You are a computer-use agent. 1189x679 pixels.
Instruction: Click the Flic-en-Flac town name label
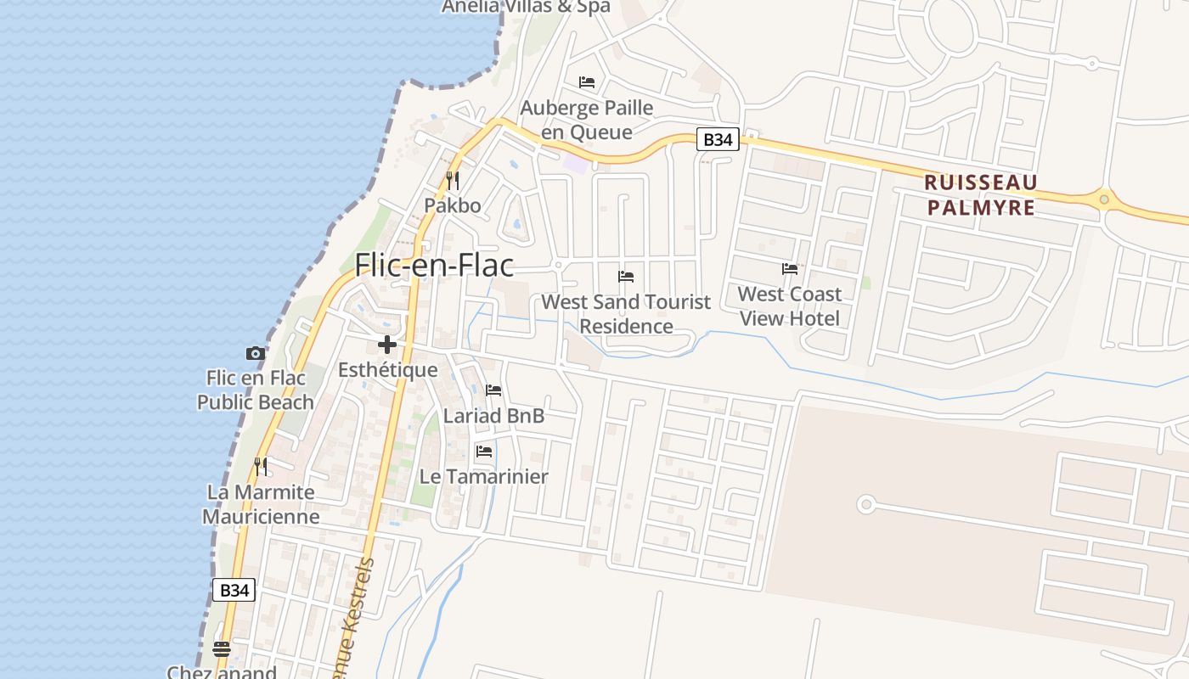(x=434, y=266)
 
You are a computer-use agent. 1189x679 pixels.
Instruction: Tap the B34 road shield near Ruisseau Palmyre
(x=718, y=139)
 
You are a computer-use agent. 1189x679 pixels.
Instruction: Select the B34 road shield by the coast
(x=233, y=590)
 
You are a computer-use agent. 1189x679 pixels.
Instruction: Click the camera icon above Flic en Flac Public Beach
(x=255, y=353)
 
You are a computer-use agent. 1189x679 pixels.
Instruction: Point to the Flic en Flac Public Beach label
(x=256, y=390)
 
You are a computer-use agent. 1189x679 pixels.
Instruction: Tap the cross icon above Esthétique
(x=387, y=345)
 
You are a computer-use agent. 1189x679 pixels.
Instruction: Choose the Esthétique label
(x=388, y=370)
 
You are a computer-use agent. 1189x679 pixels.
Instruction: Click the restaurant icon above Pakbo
(x=453, y=181)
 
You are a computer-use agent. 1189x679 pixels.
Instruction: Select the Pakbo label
(x=453, y=205)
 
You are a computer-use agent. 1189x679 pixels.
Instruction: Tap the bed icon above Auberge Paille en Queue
(x=587, y=82)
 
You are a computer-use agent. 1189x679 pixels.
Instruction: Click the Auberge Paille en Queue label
(x=587, y=120)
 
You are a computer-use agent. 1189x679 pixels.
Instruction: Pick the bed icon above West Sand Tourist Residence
(x=626, y=277)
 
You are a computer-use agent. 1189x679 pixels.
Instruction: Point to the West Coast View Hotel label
(x=790, y=306)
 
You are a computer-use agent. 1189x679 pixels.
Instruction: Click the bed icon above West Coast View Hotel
(x=790, y=269)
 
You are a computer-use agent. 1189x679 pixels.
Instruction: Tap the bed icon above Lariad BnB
(x=493, y=390)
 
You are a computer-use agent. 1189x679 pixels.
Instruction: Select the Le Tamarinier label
(x=484, y=476)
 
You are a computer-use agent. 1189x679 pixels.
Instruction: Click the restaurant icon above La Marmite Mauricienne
(x=261, y=466)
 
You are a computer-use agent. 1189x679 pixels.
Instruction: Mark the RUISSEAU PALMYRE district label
(x=981, y=194)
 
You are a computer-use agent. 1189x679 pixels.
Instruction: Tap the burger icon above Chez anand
(x=222, y=649)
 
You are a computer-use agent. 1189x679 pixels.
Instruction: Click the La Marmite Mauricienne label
(x=261, y=504)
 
